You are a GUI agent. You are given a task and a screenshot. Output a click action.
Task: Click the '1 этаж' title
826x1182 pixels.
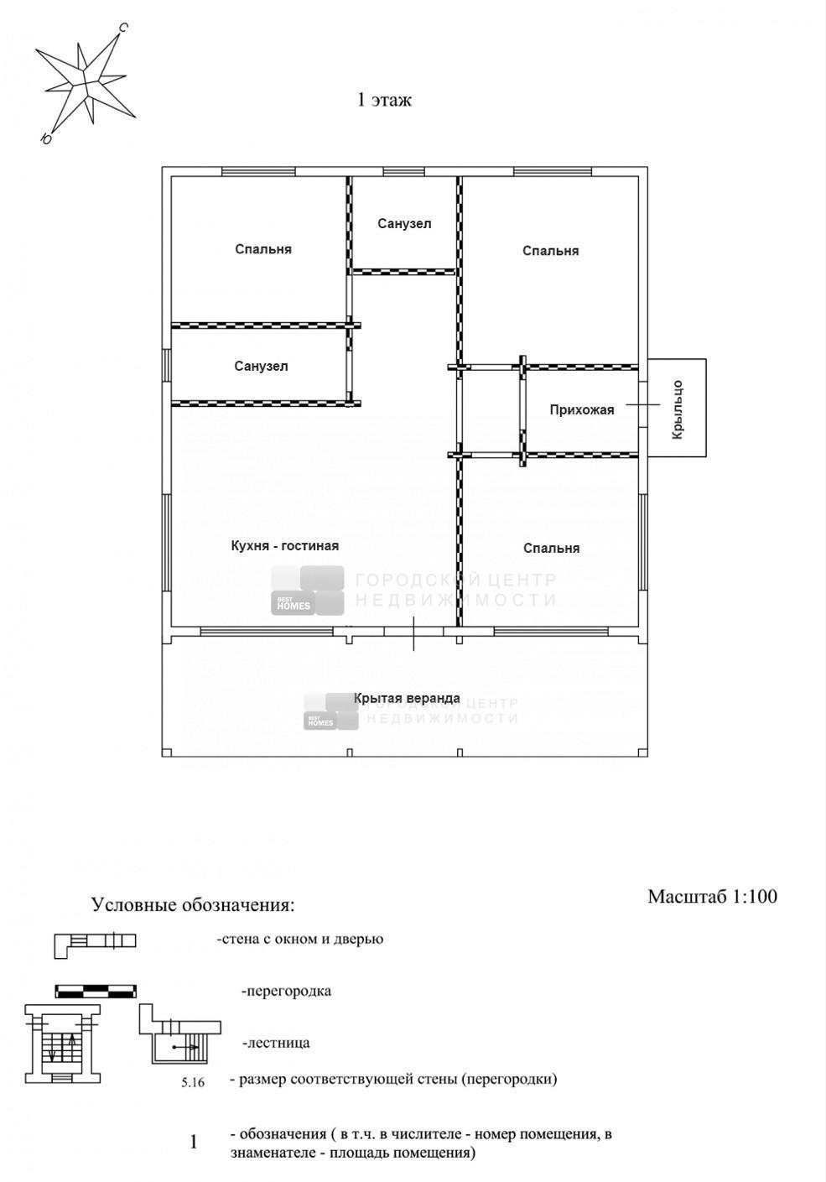384,101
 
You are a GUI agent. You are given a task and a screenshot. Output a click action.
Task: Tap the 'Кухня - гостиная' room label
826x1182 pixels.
285,545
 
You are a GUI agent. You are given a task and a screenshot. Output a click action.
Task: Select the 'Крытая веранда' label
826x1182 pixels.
407,698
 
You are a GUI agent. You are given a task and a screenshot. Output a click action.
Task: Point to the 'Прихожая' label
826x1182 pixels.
582,409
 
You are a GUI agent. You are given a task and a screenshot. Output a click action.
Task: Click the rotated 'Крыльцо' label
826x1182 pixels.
678,409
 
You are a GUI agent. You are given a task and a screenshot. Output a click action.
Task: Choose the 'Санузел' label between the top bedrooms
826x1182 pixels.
404,224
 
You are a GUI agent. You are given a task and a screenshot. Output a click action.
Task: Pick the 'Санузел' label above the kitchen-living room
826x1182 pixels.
261,367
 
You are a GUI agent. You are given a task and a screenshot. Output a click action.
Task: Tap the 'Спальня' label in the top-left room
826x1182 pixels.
263,249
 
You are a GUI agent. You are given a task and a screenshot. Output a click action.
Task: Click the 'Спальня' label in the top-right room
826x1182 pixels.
551,251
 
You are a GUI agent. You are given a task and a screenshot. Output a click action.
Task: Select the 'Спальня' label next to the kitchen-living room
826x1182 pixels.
551,549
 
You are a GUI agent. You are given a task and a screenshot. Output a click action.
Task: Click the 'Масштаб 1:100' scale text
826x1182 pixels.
712,897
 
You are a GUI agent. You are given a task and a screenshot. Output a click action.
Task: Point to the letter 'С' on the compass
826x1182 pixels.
122,28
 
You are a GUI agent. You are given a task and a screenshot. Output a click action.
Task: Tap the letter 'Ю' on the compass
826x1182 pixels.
46,138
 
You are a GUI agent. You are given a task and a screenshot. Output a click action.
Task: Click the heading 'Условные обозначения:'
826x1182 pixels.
193,905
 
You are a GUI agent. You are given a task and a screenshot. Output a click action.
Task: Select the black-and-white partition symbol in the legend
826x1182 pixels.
96,992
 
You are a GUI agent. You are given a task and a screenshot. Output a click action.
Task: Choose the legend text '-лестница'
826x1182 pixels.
276,1044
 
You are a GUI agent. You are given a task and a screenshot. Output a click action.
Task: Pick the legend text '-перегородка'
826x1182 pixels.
287,991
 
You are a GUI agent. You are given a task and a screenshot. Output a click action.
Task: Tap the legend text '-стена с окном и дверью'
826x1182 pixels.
299,940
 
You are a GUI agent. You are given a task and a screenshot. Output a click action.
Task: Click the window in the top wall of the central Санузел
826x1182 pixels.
403,171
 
